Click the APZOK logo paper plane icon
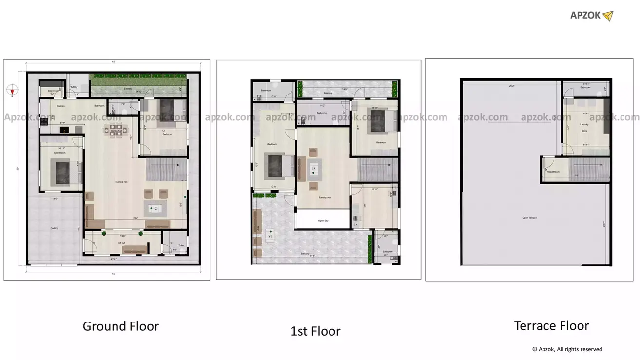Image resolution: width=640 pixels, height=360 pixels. pyautogui.click(x=607, y=16)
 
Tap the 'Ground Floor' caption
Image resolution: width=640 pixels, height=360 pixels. pyautogui.click(x=120, y=326)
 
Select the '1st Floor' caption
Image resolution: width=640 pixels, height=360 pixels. pyautogui.click(x=315, y=332)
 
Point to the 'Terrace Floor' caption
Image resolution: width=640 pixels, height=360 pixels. pyautogui.click(x=551, y=325)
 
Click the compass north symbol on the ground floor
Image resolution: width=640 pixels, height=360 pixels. pyautogui.click(x=13, y=90)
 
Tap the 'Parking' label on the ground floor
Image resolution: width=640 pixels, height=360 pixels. pyautogui.click(x=54, y=228)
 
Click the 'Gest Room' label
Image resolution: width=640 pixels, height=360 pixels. pyautogui.click(x=59, y=153)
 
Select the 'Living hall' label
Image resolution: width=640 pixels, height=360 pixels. pyautogui.click(x=122, y=182)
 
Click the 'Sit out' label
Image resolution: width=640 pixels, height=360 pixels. pyautogui.click(x=122, y=242)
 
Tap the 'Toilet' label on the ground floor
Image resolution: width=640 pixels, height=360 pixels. pyautogui.click(x=181, y=245)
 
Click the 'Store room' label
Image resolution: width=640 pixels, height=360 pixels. pyautogui.click(x=54, y=91)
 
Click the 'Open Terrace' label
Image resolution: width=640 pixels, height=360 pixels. pyautogui.click(x=529, y=218)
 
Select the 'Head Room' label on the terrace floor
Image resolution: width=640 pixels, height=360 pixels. pyautogui.click(x=553, y=172)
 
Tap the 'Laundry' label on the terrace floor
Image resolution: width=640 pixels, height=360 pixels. pyautogui.click(x=584, y=125)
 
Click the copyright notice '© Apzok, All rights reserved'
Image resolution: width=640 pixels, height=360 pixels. pyautogui.click(x=567, y=349)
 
